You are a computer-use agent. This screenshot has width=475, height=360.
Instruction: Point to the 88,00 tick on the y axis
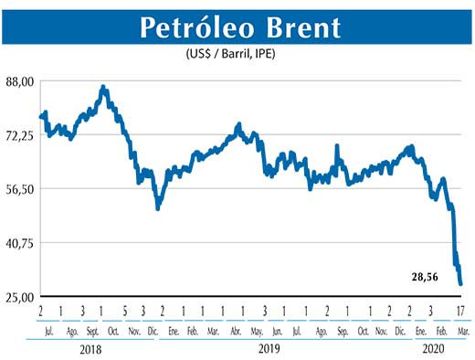click(19, 81)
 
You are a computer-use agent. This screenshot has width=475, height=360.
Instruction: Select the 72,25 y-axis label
click(19, 135)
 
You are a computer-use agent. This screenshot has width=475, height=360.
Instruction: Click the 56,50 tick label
click(19, 189)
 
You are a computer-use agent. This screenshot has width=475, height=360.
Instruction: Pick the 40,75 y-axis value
click(19, 243)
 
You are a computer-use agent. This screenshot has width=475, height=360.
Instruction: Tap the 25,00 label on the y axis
click(19, 297)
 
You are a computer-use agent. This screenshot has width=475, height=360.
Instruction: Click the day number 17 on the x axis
click(461, 311)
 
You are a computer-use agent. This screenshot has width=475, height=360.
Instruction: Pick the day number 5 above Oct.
click(125, 311)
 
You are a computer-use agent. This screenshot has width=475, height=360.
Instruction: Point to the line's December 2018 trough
click(158, 208)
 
